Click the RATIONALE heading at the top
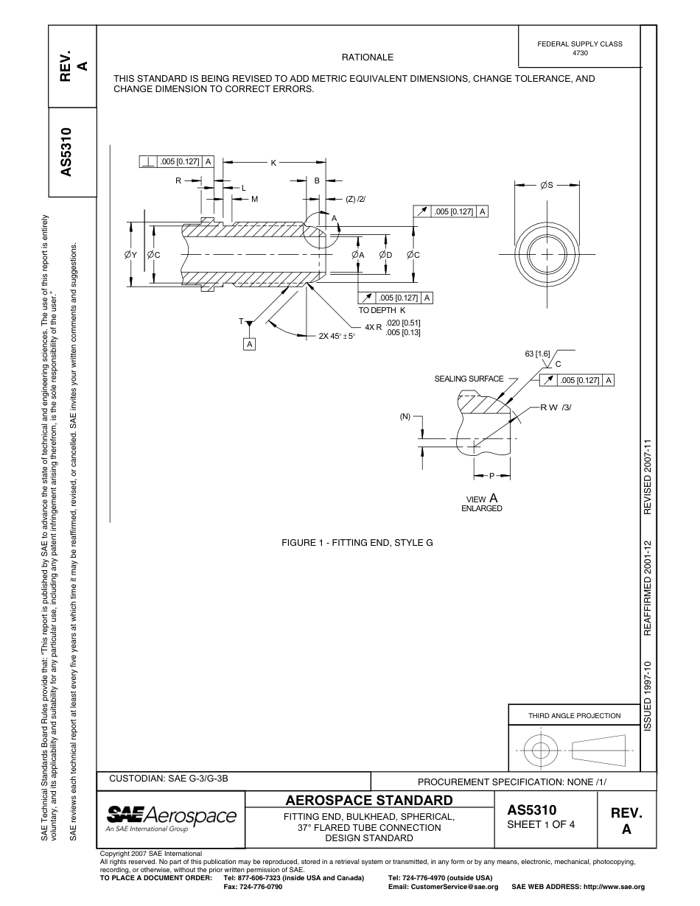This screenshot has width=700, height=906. [367, 57]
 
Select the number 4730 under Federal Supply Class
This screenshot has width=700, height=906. [579, 53]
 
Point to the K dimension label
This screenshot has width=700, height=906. [273, 162]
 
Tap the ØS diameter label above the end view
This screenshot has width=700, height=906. [547, 186]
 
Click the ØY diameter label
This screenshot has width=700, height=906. [130, 254]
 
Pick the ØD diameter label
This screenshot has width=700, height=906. [385, 254]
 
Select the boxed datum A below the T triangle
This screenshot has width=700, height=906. [250, 344]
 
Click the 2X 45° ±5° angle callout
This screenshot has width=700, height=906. [337, 336]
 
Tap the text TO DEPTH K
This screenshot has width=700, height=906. [382, 310]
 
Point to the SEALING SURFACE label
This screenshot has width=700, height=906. [469, 379]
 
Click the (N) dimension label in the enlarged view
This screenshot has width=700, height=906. [405, 416]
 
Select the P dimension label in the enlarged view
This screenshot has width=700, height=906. [491, 477]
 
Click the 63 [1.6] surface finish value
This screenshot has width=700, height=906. [537, 354]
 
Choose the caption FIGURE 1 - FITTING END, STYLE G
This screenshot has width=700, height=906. [357, 543]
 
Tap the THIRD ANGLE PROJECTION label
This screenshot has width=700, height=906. [574, 715]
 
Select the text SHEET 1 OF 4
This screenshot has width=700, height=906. [541, 824]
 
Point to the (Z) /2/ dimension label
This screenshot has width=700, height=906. [356, 199]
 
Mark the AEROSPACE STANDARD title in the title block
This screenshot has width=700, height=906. [368, 800]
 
